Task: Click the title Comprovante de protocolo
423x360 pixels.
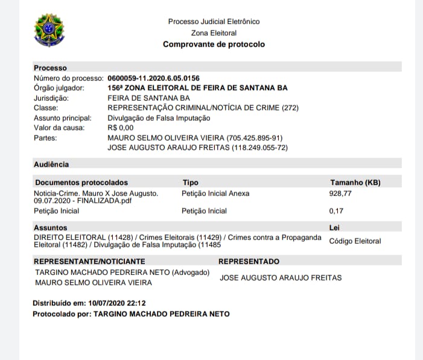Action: tap(214, 45)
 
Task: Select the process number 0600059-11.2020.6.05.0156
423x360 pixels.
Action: tap(153, 78)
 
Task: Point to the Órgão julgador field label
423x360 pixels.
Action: tap(59, 88)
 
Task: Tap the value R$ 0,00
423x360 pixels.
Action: tap(120, 128)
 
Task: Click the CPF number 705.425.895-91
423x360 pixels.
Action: tap(255, 137)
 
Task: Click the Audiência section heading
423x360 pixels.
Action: tap(51, 164)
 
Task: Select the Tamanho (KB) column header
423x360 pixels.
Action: tap(355, 182)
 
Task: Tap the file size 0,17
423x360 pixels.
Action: tap(336, 211)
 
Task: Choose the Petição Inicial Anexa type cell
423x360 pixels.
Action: tap(215, 194)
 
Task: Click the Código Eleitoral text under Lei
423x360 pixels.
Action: tap(355, 241)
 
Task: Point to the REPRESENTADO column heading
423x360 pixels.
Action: tap(249, 262)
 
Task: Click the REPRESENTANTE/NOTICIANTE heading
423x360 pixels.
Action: tap(89, 262)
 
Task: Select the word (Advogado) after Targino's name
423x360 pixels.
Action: tap(191, 273)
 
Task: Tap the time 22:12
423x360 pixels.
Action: tap(136, 303)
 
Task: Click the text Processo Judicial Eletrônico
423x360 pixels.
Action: tap(214, 22)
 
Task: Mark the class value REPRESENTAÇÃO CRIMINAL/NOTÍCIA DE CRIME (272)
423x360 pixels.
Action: tap(203, 108)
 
